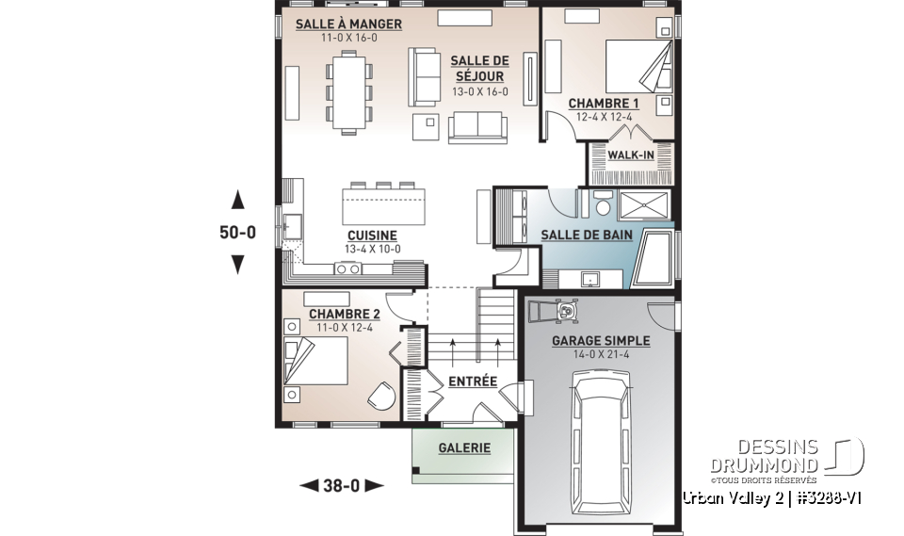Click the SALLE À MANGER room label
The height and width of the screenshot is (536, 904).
[348, 24]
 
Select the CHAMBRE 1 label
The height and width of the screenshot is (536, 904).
[604, 104]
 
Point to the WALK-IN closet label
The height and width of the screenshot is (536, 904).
[630, 154]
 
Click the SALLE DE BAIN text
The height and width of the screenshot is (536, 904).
[585, 234]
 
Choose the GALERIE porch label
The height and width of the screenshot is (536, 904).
[464, 448]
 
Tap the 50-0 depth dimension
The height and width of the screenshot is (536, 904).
[238, 233]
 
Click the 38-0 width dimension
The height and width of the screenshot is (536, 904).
[341, 486]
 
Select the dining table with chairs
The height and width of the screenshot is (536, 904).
[348, 90]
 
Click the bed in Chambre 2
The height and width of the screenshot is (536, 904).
[316, 358]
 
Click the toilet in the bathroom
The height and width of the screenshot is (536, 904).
[602, 202]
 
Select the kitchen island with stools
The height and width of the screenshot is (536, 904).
[382, 203]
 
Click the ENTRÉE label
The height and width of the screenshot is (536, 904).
[472, 381]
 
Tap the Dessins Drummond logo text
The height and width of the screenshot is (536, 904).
[764, 455]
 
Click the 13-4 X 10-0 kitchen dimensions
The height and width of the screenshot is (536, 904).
[372, 250]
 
